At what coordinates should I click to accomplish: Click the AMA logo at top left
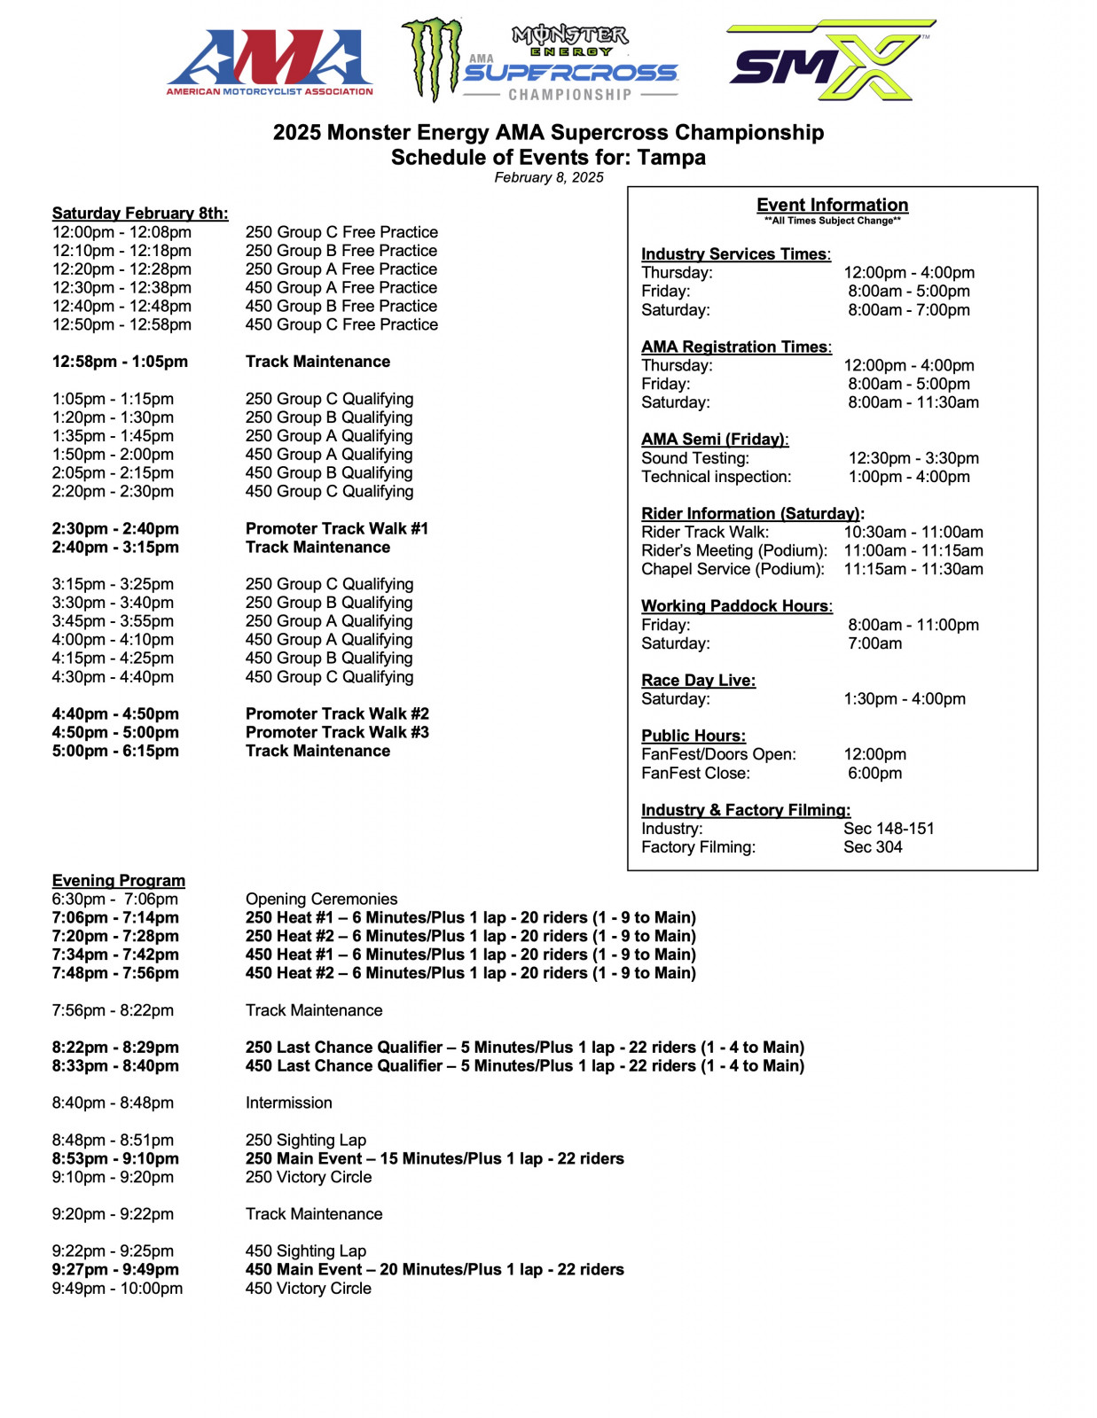pos(270,62)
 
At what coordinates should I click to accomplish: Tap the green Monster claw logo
pos(433,59)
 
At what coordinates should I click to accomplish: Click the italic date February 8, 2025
pos(548,177)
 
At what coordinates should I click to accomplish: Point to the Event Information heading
pos(832,205)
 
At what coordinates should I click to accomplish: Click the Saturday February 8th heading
pos(140,213)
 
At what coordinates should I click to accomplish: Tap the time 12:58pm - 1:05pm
pos(120,362)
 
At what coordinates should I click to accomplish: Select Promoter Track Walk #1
pos(336,528)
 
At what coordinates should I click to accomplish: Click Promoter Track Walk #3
pos(336,732)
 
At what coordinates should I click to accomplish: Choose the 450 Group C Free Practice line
pos(341,324)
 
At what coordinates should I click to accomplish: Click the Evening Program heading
pos(119,880)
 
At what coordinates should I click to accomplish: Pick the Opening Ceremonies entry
pos(321,899)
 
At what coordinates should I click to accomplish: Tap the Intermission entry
pos(288,1102)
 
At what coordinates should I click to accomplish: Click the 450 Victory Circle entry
pos(308,1288)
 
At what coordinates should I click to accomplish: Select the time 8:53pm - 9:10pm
pos(115,1158)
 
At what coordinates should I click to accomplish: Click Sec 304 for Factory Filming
pos(873,846)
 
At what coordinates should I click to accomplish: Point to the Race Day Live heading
pos(698,680)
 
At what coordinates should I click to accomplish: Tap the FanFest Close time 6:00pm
pos(874,773)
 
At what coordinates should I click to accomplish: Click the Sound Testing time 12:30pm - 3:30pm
pos(913,458)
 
